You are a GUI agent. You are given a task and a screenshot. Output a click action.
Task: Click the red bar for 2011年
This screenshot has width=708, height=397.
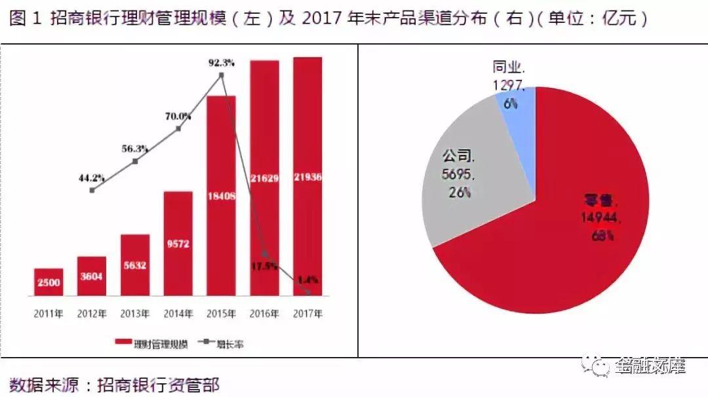click(x=49, y=282)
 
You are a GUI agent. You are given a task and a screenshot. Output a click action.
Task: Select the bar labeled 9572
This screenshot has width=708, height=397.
click(x=178, y=244)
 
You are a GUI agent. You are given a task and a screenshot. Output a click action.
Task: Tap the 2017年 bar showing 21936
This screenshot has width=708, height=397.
click(x=307, y=177)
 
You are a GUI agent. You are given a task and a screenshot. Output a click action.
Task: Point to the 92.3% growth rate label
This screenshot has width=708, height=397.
click(x=222, y=63)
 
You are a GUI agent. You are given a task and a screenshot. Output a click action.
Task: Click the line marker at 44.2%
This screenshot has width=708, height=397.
click(x=92, y=190)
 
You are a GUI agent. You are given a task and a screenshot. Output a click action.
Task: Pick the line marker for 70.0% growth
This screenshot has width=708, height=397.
click(x=178, y=128)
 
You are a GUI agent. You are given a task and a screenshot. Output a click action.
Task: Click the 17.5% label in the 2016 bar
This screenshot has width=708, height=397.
click(x=265, y=266)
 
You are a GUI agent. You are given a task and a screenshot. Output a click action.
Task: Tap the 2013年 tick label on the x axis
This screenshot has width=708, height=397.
click(x=134, y=314)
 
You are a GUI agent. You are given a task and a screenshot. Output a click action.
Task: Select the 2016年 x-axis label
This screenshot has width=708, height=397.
click(x=264, y=314)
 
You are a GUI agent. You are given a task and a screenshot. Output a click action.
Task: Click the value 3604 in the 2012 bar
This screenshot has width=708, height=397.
click(x=91, y=276)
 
